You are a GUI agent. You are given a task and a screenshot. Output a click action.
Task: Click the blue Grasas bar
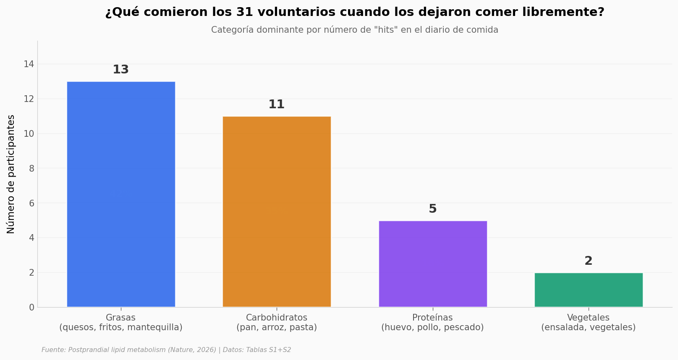pyautogui.click(x=121, y=194)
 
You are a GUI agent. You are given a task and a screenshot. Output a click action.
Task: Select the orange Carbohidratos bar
pyautogui.click(x=277, y=212)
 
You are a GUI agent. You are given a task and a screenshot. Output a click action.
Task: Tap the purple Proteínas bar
pyautogui.click(x=433, y=264)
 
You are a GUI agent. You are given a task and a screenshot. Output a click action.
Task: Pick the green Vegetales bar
pyautogui.click(x=589, y=290)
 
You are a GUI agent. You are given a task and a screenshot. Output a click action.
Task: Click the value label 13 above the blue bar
pyautogui.click(x=121, y=70)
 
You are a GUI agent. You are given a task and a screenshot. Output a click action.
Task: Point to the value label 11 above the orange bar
pyautogui.click(x=277, y=104)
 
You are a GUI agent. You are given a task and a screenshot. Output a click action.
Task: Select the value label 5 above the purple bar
pyautogui.click(x=433, y=209)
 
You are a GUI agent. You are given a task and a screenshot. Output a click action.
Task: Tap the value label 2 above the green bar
pyautogui.click(x=589, y=261)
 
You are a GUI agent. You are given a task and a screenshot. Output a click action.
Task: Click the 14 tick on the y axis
pyautogui.click(x=29, y=64)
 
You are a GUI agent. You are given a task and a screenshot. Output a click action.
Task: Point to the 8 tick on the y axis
pyautogui.click(x=32, y=169)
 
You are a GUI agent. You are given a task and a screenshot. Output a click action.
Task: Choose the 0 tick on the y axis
pyautogui.click(x=32, y=308)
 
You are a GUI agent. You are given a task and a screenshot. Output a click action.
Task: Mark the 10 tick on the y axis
pyautogui.click(x=29, y=134)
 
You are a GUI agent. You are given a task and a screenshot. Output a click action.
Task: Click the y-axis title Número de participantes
pyautogui.click(x=10, y=174)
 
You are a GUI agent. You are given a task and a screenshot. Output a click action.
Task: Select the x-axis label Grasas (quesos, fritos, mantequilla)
pyautogui.click(x=121, y=323)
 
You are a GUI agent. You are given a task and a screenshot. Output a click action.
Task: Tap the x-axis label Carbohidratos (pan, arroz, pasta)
pyautogui.click(x=277, y=323)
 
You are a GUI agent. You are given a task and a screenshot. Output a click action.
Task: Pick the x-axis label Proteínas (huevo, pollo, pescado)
pyautogui.click(x=432, y=323)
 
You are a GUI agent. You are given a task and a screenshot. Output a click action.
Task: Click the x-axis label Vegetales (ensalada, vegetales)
pyautogui.click(x=589, y=323)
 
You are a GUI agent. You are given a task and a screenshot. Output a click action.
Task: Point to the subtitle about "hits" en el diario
pyautogui.click(x=355, y=30)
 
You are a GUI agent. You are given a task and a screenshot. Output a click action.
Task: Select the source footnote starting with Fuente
pyautogui.click(x=166, y=350)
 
